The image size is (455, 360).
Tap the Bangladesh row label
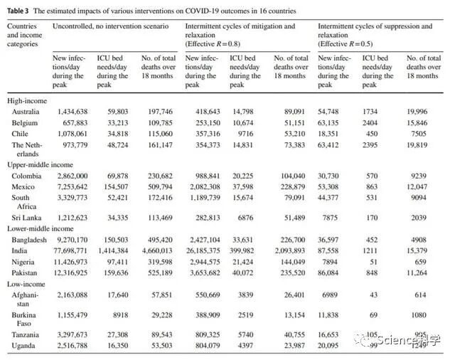30,240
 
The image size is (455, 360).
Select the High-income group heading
27,101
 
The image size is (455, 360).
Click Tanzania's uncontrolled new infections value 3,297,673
69,334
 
